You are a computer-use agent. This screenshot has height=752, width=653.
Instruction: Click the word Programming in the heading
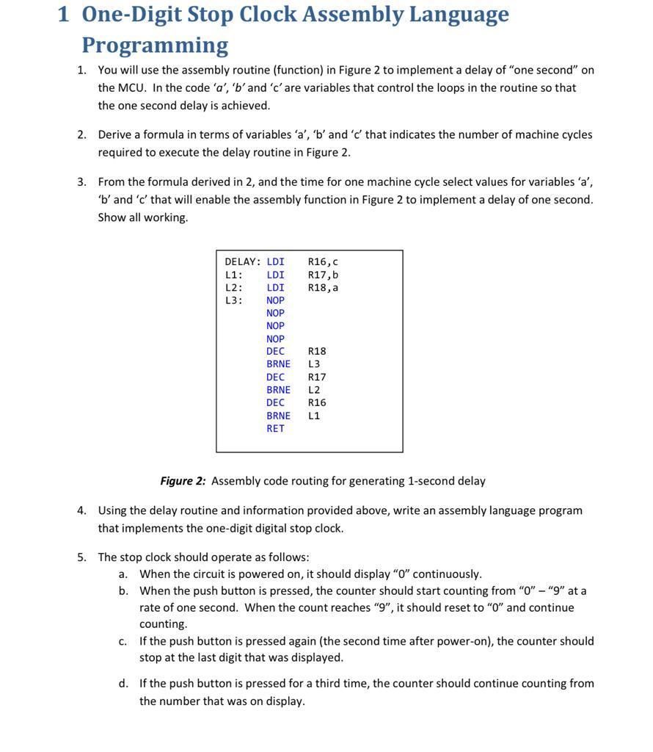pyautogui.click(x=155, y=46)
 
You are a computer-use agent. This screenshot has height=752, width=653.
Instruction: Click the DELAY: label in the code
pyautogui.click(x=242, y=262)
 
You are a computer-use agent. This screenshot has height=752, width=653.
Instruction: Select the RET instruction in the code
pyautogui.click(x=275, y=429)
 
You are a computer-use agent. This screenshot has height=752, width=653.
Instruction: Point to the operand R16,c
pyautogui.click(x=323, y=262)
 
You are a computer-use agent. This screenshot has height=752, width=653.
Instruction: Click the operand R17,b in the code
pyautogui.click(x=323, y=275)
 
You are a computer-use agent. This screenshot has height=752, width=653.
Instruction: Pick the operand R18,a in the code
pyautogui.click(x=323, y=288)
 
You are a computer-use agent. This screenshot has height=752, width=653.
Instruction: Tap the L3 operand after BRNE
pyautogui.click(x=314, y=364)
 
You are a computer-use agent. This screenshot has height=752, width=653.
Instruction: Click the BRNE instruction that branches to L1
pyautogui.click(x=278, y=416)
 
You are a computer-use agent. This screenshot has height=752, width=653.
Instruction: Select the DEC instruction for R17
pyautogui.click(x=275, y=377)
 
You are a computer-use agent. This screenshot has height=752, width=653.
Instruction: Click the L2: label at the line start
pyautogui.click(x=233, y=288)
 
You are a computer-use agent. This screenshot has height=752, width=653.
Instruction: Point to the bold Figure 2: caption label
pyautogui.click(x=183, y=481)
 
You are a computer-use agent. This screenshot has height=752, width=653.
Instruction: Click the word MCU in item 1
pyautogui.click(x=133, y=88)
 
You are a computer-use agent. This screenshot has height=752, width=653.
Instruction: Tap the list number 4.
pyautogui.click(x=81, y=510)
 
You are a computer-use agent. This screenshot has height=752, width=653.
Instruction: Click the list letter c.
pyautogui.click(x=123, y=642)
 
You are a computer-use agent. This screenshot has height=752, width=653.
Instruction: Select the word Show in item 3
pyautogui.click(x=111, y=217)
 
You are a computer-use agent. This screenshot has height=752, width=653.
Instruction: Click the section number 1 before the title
pyautogui.click(x=63, y=14)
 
